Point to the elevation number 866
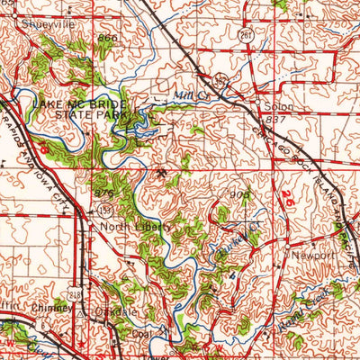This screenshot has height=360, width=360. click(x=109, y=39)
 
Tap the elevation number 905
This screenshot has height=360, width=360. click(x=238, y=193)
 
